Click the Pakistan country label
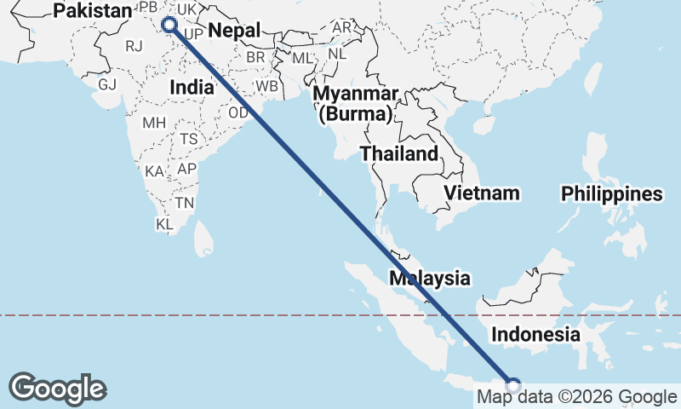[x=93, y=11]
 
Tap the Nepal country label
[x=233, y=31]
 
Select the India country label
[x=191, y=87]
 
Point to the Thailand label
[x=399, y=154]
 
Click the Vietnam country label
[x=481, y=193]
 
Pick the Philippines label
[x=611, y=194]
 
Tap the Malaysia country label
[x=429, y=278]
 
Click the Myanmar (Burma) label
[x=356, y=102]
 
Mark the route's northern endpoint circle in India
[x=169, y=25]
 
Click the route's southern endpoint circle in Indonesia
[x=513, y=384]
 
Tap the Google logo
[x=57, y=389]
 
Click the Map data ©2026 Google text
[x=576, y=396]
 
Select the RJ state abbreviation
[x=134, y=46]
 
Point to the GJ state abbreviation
[x=107, y=85]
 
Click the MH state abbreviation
[x=154, y=123]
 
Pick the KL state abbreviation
[x=164, y=224]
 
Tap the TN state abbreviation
[x=185, y=203]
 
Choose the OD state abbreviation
[x=239, y=112]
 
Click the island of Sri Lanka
[x=203, y=239]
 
